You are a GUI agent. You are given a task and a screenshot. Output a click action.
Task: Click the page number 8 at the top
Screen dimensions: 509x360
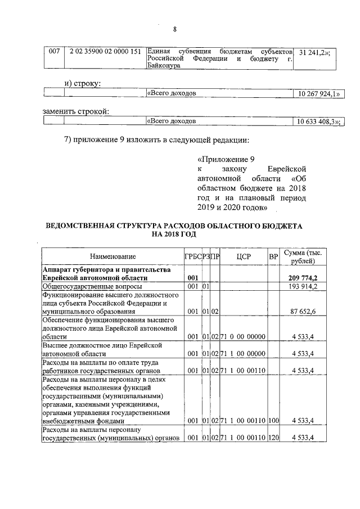point(175,29)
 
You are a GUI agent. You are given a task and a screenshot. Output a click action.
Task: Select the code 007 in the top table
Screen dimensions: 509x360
point(55,51)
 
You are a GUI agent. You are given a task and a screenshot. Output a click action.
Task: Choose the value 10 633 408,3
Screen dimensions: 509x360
point(317,121)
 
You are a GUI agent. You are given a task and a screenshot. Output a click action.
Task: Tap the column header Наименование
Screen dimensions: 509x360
point(112,257)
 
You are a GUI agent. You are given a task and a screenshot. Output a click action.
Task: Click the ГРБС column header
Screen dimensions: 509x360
point(193,257)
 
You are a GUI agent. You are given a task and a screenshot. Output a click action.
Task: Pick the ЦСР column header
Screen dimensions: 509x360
point(244,257)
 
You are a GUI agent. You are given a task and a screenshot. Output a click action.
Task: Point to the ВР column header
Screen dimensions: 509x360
point(273,257)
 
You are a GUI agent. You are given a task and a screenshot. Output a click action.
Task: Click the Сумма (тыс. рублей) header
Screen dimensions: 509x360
point(301,257)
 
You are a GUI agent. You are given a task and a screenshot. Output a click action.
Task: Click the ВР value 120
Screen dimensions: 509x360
point(274,438)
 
